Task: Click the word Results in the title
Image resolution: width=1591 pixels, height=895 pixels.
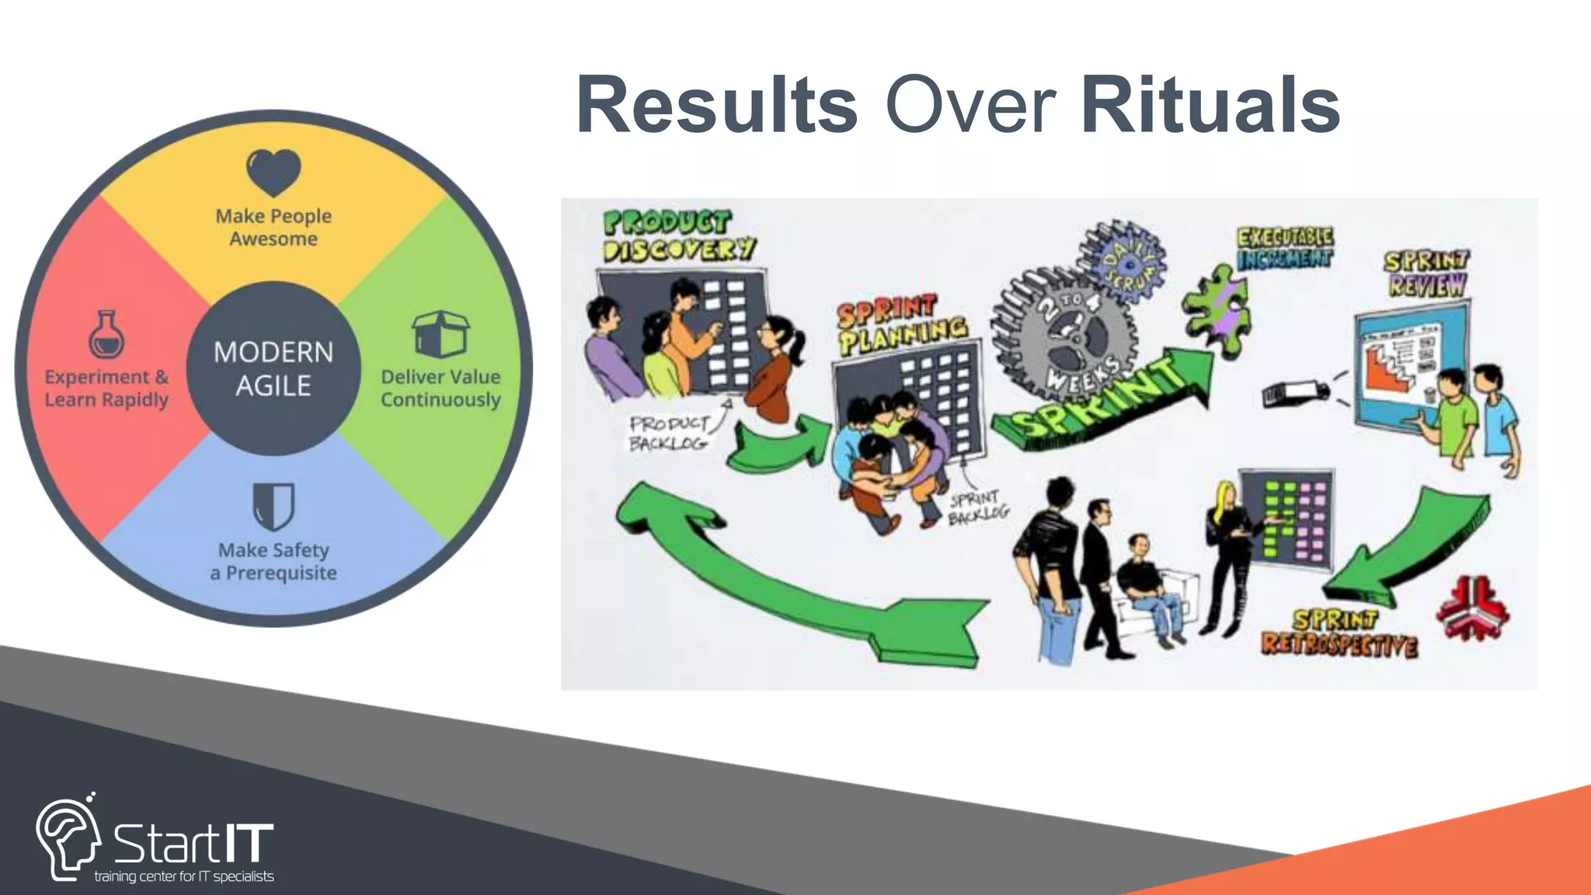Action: pos(716,106)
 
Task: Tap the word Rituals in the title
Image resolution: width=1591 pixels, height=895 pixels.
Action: pos(1210,106)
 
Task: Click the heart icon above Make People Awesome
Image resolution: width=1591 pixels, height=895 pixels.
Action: pos(273,172)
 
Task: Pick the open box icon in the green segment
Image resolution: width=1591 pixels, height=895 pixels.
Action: pos(440,334)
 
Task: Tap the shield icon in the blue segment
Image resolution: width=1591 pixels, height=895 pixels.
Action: pos(273,506)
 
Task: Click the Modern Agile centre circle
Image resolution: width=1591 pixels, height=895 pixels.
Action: pos(273,368)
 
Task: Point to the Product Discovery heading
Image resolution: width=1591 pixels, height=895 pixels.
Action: pos(678,235)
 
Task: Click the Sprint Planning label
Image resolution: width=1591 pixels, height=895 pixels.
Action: pos(901,325)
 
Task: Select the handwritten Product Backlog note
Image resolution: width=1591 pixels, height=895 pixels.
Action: pos(668,433)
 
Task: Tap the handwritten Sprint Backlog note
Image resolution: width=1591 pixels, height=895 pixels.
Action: pos(977,507)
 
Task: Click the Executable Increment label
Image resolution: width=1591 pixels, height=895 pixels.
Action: pos(1285,248)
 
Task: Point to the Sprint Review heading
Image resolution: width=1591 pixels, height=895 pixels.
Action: pos(1426,273)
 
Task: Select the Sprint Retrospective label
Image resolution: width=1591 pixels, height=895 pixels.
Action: pos(1338,632)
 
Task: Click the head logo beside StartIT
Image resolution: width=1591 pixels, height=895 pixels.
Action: pos(68,839)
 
